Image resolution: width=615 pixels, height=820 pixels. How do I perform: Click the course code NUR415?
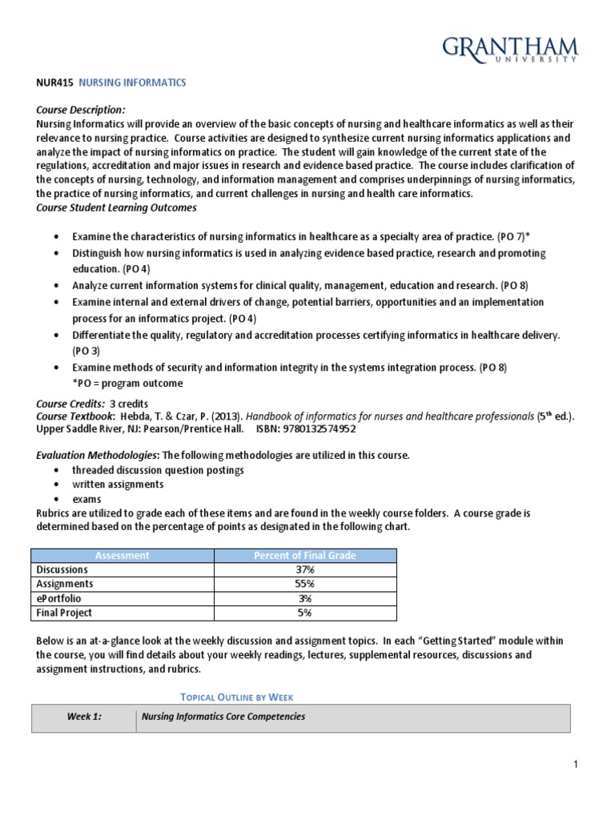(x=54, y=82)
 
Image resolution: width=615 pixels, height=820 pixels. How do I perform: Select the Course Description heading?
(x=81, y=110)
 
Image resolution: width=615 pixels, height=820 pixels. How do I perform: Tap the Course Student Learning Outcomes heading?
(x=116, y=208)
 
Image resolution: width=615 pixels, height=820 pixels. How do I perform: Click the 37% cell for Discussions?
(x=304, y=569)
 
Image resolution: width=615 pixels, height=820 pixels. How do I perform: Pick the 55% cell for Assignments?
(x=304, y=584)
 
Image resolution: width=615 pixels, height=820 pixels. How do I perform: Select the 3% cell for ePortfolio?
(x=304, y=598)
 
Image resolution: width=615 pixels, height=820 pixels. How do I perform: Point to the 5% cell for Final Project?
(x=304, y=613)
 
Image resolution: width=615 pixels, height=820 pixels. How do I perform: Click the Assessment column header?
(x=122, y=555)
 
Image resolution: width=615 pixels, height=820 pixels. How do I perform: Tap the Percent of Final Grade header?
(x=304, y=555)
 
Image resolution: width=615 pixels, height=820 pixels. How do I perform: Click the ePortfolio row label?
(x=58, y=598)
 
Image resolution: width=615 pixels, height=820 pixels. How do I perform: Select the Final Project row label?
(x=64, y=613)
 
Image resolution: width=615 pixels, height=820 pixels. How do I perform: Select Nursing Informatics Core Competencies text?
(x=223, y=717)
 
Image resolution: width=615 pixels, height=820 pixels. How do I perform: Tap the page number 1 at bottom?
(x=575, y=766)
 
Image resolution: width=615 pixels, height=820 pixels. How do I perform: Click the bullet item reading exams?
(x=86, y=499)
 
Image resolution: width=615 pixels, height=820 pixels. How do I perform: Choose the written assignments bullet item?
(x=118, y=484)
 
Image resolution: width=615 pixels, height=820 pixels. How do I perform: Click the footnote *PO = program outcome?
(x=127, y=383)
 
